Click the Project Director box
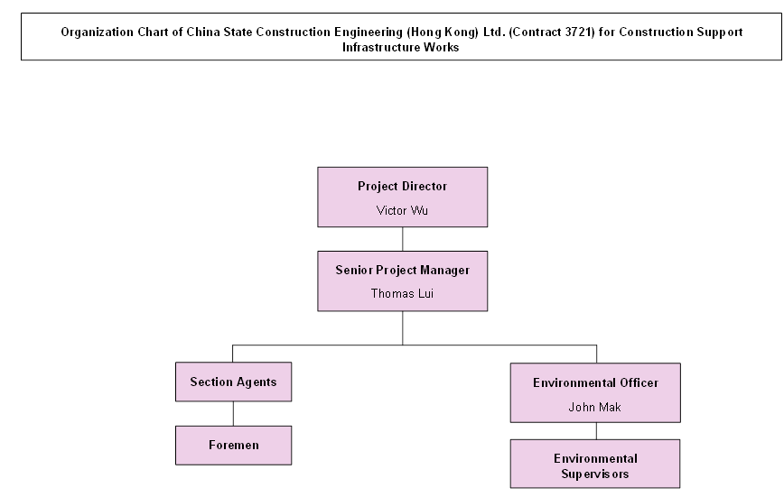point(402,197)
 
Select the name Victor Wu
point(402,210)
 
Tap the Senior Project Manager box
point(402,281)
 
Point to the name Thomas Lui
point(402,293)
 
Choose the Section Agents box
point(233,382)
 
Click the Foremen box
point(233,445)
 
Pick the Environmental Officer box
point(595,392)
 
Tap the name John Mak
point(595,407)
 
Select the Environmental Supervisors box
point(595,465)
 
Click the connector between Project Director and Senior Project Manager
point(403,238)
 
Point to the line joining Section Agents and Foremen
point(233,413)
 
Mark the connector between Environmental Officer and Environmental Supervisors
point(595,431)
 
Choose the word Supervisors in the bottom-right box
point(595,474)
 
